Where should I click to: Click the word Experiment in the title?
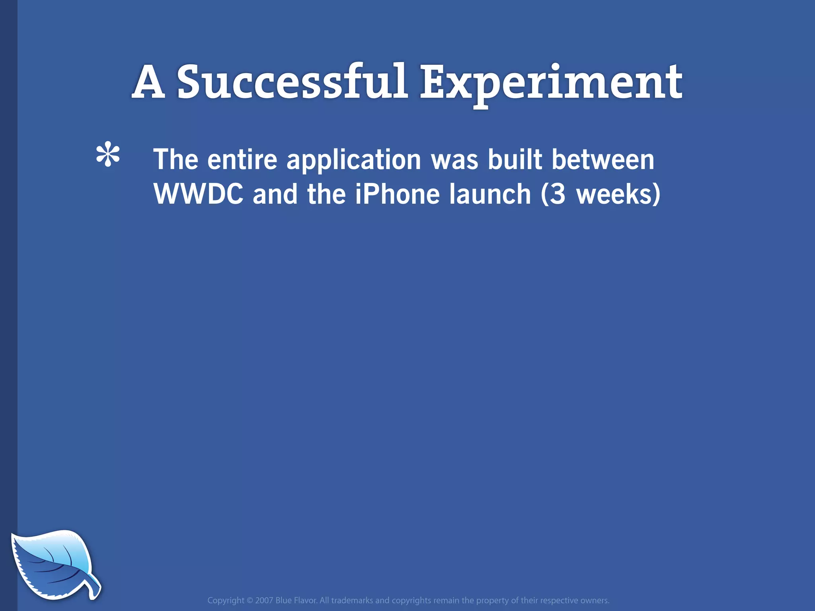point(551,84)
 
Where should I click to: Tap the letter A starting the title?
point(148,82)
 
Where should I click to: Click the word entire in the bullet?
point(242,160)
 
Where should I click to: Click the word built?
point(515,160)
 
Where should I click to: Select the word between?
point(602,160)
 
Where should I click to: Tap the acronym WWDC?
point(198,194)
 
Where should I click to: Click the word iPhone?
point(397,194)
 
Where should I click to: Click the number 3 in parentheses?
point(558,194)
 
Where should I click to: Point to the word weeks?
point(613,194)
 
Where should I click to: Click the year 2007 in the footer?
point(264,600)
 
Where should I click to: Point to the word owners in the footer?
point(595,600)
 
